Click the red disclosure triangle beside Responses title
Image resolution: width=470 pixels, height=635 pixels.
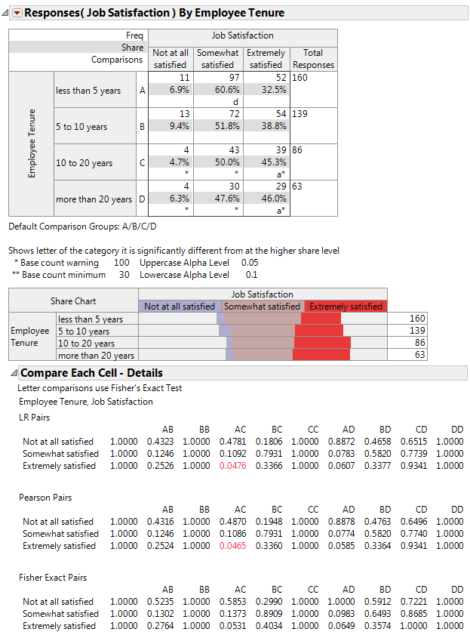pos(17,13)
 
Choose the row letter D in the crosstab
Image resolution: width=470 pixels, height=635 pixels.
pos(142,199)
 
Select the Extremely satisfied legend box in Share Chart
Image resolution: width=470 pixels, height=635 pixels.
pos(346,307)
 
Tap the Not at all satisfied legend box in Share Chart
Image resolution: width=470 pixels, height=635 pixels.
pos(180,307)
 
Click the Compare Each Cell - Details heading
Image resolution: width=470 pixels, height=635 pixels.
pos(91,373)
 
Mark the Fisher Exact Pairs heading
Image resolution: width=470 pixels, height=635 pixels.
pos(53,578)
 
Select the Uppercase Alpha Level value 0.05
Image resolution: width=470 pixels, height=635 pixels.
pos(249,263)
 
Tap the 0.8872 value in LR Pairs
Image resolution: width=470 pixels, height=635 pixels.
pos(349,442)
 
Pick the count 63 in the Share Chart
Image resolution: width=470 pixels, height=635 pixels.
pos(418,355)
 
